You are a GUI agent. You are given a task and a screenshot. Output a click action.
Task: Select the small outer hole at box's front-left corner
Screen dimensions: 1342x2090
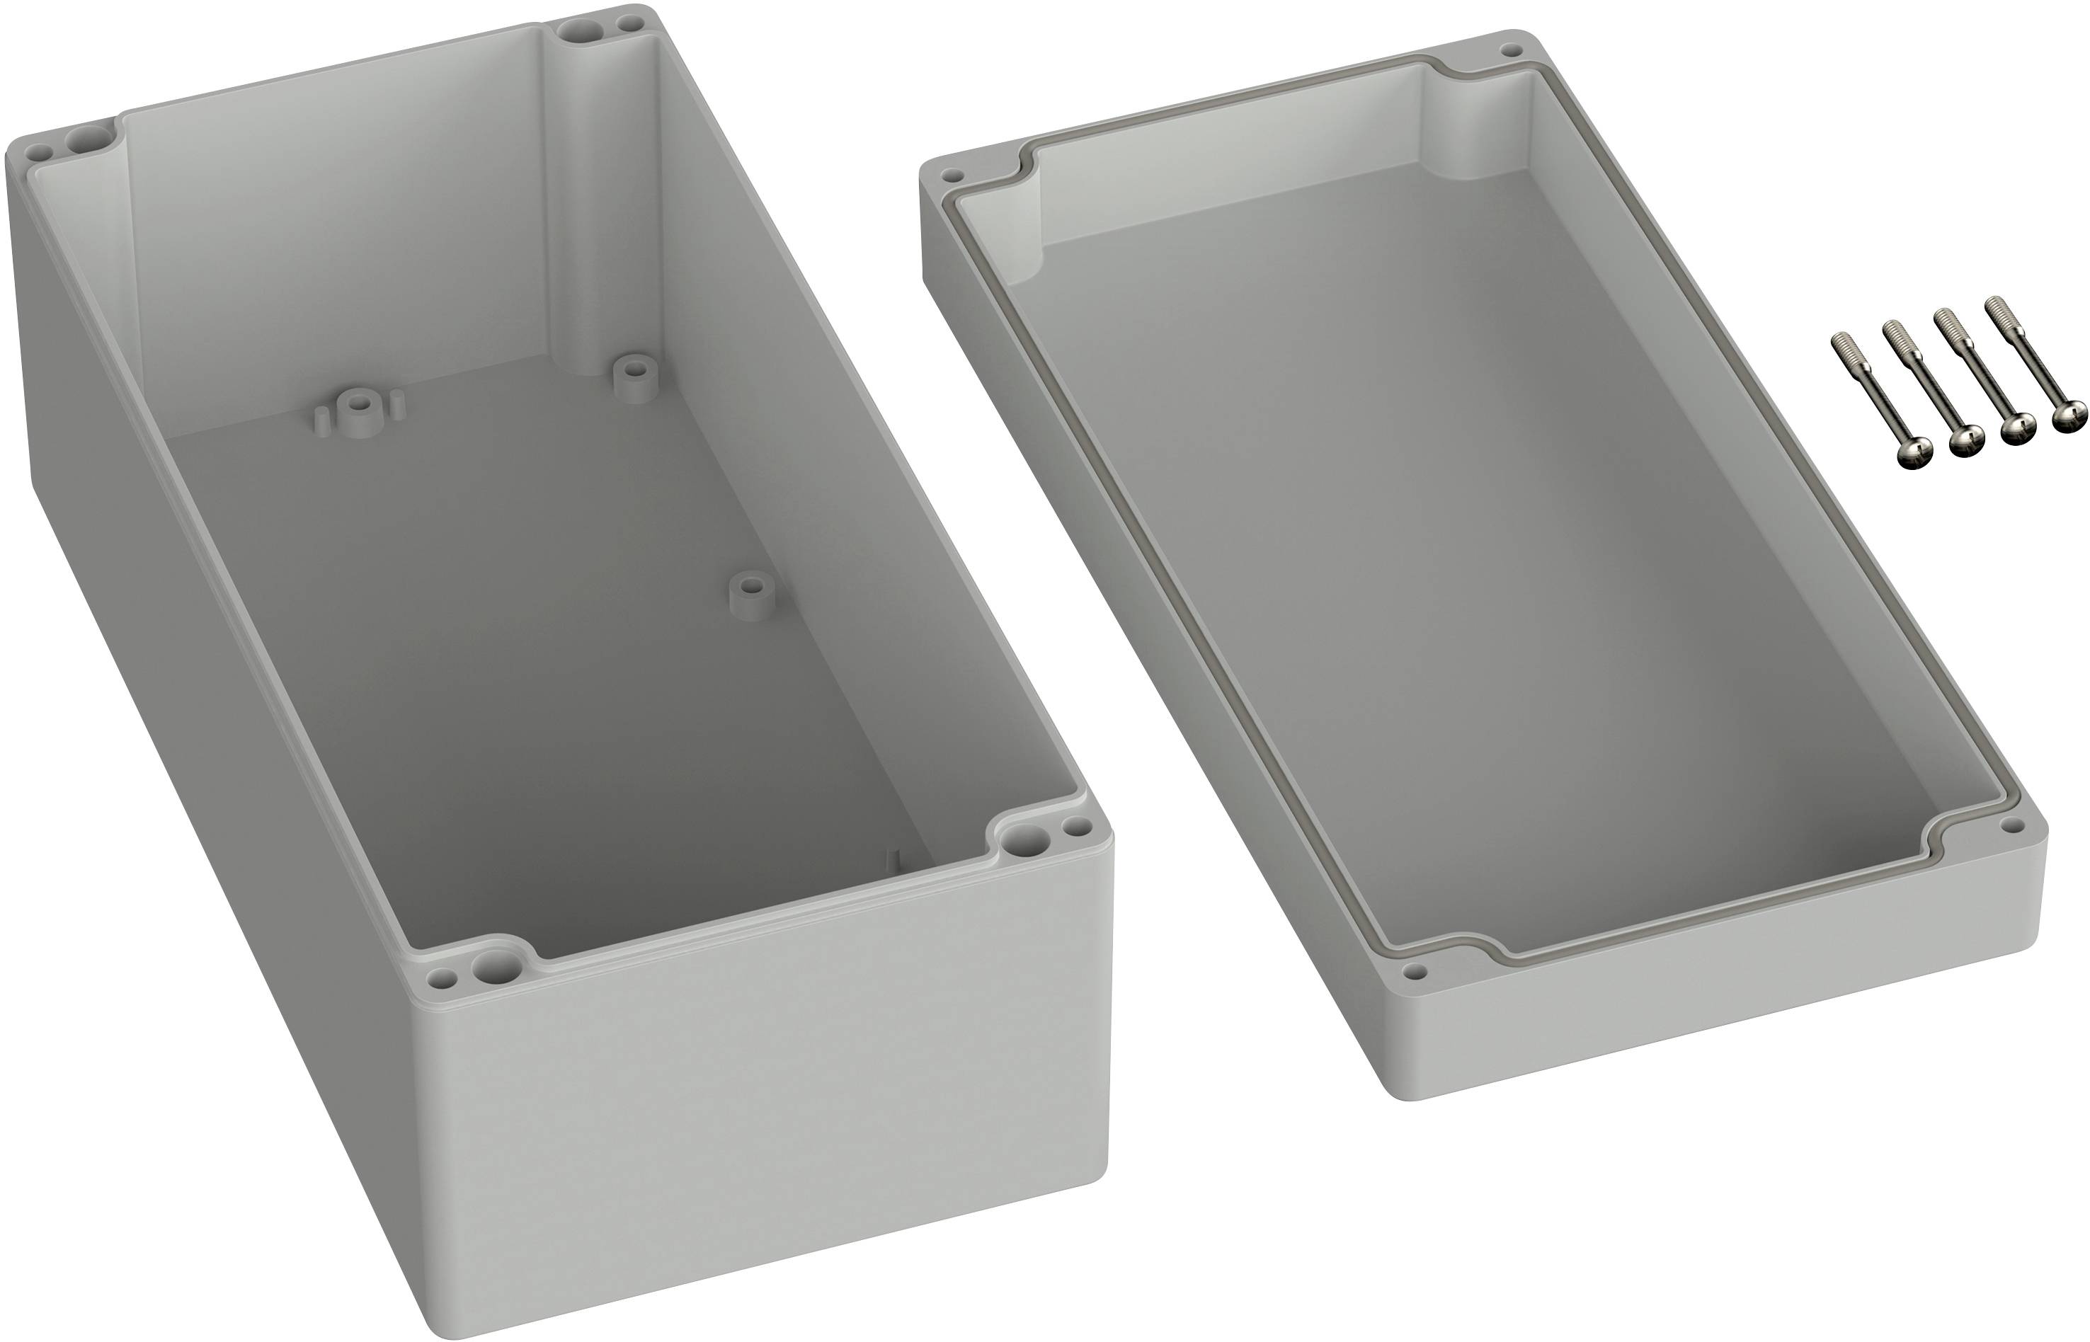(x=444, y=979)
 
